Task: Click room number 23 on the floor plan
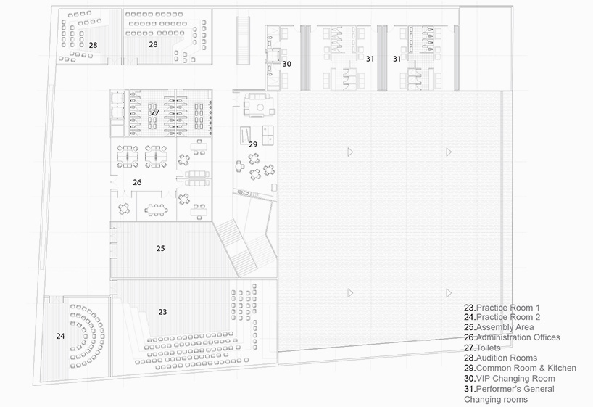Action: [x=162, y=312]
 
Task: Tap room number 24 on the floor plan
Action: [x=61, y=336]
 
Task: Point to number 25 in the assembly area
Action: [x=161, y=248]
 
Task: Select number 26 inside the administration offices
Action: [x=137, y=182]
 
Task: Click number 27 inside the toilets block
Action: [x=155, y=112]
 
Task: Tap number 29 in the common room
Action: [x=253, y=144]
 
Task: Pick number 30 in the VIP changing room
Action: [x=287, y=64]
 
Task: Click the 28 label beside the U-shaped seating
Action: [x=93, y=45]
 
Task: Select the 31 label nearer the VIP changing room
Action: [x=370, y=59]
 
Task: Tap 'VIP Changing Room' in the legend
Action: [x=510, y=378]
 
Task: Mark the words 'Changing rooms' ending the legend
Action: [x=495, y=399]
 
